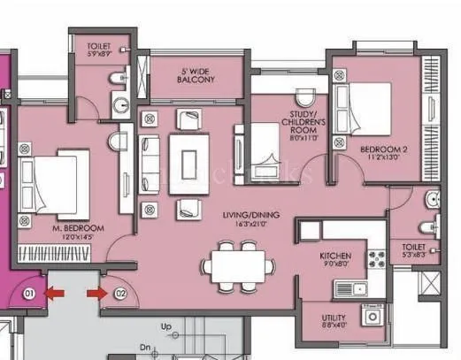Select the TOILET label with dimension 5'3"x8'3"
coord(414,250)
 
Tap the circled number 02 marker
coord(120,292)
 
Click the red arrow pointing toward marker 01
coord(56,291)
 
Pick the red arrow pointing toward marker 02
coord(94,291)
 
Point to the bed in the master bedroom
coord(59,175)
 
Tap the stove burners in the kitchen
coord(376,259)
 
